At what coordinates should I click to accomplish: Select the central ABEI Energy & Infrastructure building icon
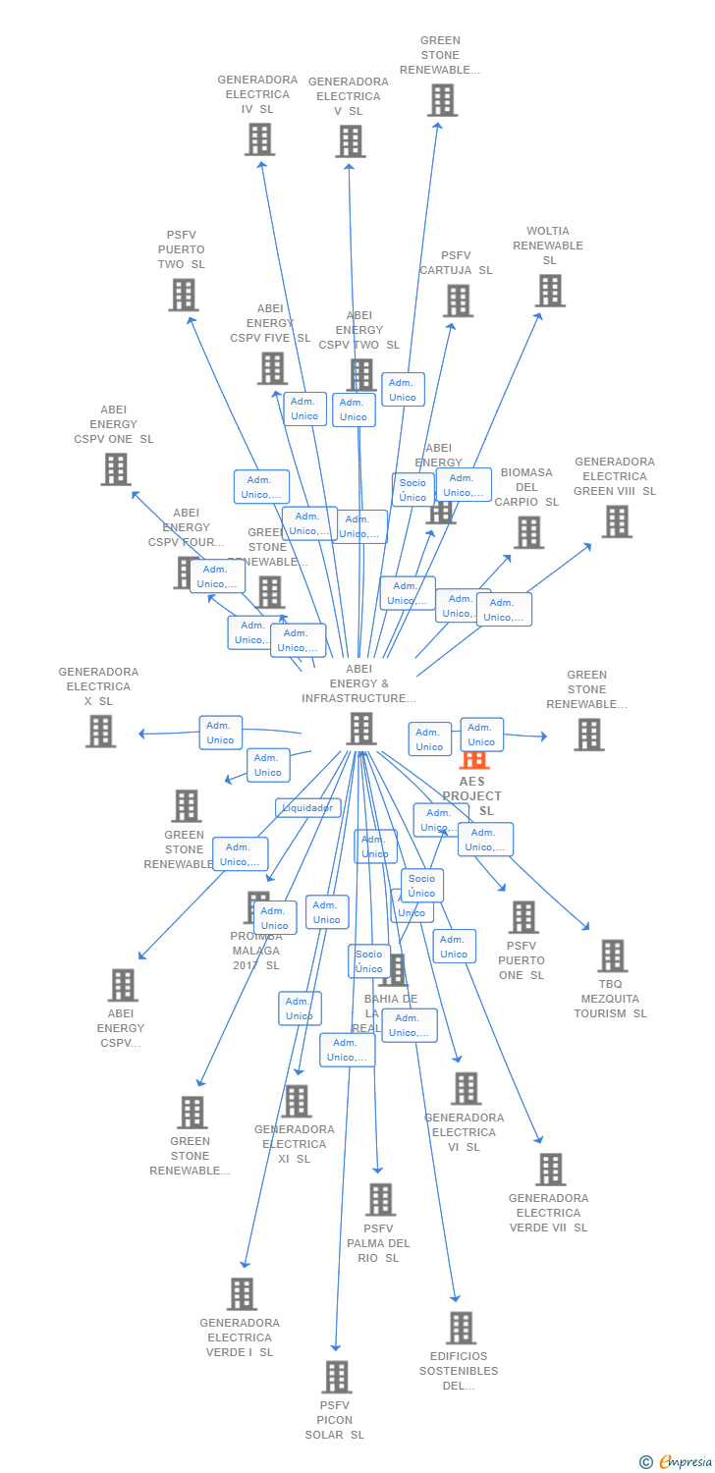[x=361, y=729]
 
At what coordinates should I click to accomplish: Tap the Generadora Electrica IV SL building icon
[x=259, y=139]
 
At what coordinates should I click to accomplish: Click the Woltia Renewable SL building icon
[x=550, y=291]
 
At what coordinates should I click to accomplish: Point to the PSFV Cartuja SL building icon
[x=458, y=300]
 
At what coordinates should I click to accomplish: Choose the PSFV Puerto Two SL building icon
[x=184, y=295]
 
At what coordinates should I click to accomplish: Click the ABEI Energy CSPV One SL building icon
[x=116, y=469]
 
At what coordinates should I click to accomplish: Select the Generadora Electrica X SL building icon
[x=100, y=731]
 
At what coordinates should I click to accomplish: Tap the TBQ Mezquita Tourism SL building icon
[x=612, y=955]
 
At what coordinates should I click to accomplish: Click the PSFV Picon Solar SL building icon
[x=337, y=1377]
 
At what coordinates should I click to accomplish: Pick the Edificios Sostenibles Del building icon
[x=461, y=1328]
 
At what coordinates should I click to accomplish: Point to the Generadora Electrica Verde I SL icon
[x=242, y=1294]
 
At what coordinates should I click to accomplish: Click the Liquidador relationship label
[x=308, y=808]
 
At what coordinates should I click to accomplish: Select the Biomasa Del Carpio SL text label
[x=526, y=487]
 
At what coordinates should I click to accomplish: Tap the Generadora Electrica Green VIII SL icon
[x=617, y=521]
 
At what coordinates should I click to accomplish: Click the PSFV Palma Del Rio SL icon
[x=380, y=1199]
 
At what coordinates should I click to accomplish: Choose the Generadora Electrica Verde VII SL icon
[x=550, y=1170]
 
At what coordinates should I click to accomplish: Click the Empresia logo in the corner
[x=677, y=1461]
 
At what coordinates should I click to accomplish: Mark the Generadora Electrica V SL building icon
[x=351, y=141]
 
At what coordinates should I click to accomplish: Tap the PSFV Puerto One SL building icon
[x=523, y=917]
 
